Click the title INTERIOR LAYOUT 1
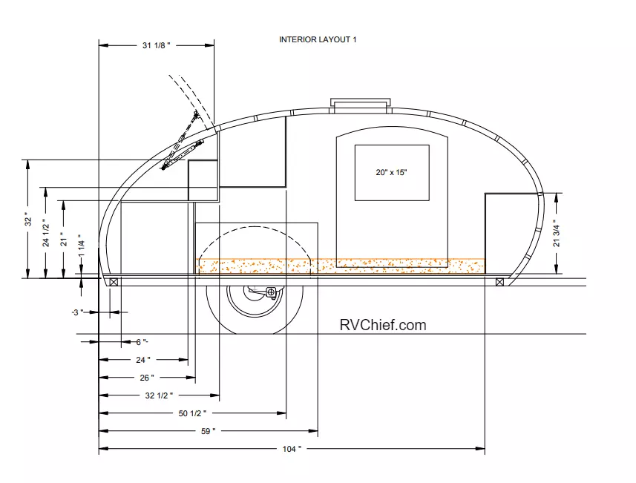(x=318, y=40)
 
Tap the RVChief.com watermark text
(x=383, y=325)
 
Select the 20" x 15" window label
(x=391, y=172)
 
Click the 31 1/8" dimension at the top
(x=156, y=45)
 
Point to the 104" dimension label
(x=292, y=449)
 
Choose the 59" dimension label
(x=208, y=431)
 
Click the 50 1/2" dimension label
(x=192, y=413)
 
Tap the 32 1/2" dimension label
(x=159, y=395)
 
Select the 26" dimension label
(x=147, y=378)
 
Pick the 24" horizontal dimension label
(x=143, y=360)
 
